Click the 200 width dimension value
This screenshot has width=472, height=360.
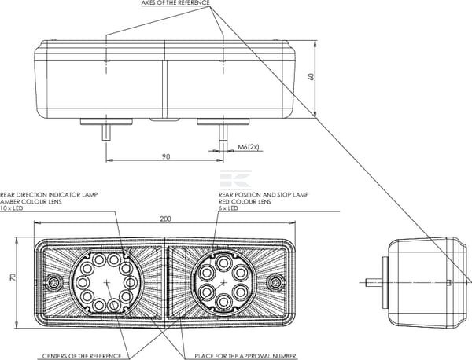(164, 219)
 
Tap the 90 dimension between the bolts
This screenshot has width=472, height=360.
(166, 157)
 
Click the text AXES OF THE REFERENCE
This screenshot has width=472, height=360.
(175, 4)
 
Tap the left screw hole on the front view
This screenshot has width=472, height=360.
(53, 281)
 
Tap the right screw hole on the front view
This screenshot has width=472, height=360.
(275, 281)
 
